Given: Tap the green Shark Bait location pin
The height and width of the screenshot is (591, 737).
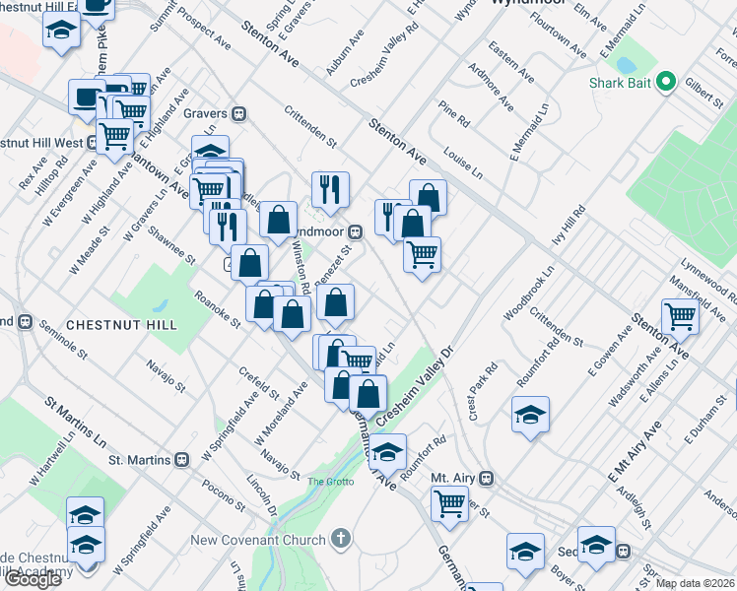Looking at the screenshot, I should coord(667,81).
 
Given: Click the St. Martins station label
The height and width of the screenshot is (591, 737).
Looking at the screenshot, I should coord(141,459).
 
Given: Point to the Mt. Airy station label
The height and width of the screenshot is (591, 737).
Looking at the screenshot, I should coord(453,478).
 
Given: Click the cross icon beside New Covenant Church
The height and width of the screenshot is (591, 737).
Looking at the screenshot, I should coord(341,539).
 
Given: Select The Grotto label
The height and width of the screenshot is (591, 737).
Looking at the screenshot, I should coord(329,481).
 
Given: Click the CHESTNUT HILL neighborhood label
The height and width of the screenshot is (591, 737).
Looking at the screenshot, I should coord(121,324).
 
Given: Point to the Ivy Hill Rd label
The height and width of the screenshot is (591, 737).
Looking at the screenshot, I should coord(569,229).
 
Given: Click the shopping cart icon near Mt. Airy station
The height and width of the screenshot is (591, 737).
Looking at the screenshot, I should coord(450,503).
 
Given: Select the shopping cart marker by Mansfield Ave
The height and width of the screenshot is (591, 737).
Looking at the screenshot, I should coord(681,317).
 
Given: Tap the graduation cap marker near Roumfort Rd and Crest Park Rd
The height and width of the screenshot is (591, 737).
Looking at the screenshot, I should coord(530,414).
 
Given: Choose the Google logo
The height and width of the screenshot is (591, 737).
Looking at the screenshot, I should coord(33,578).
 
